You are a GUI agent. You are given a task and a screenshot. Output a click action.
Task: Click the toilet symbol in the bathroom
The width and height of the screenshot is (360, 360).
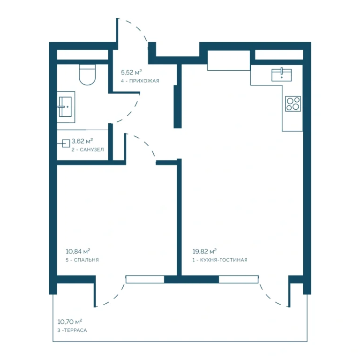click(x=87, y=75)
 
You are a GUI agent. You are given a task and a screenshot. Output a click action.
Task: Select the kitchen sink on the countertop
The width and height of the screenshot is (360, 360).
click(x=281, y=75)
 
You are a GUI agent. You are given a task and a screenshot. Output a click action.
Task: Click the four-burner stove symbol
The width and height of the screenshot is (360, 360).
click(x=293, y=104)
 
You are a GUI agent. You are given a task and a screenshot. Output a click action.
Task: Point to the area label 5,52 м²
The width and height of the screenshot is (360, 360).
click(x=131, y=73)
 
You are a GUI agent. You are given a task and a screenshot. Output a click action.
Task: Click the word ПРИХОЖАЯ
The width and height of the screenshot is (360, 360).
click(x=144, y=81)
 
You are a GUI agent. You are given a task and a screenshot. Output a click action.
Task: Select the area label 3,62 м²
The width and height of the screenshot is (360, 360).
click(x=82, y=141)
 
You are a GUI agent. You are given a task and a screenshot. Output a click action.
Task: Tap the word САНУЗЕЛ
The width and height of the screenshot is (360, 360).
click(x=92, y=150)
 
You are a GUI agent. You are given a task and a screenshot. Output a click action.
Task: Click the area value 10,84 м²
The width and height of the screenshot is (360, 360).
click(x=78, y=251)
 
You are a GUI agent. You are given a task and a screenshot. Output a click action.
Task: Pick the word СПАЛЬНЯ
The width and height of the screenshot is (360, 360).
click(x=86, y=260)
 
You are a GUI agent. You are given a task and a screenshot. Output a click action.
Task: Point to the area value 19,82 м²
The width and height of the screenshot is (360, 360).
click(x=204, y=251)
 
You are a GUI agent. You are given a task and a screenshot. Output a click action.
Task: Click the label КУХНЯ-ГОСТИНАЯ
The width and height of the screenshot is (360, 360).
click(x=224, y=260)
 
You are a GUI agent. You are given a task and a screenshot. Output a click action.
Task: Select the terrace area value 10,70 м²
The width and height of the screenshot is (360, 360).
click(x=70, y=322)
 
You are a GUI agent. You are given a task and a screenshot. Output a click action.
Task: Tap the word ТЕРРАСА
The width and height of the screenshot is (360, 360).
click(x=75, y=330)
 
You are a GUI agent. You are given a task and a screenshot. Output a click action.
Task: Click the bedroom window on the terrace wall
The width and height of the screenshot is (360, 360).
click(x=145, y=279)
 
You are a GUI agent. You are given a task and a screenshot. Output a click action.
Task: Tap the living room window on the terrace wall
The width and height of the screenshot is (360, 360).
click(x=239, y=279)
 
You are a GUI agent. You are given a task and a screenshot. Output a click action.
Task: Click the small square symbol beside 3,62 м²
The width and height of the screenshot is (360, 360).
click(x=66, y=143)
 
